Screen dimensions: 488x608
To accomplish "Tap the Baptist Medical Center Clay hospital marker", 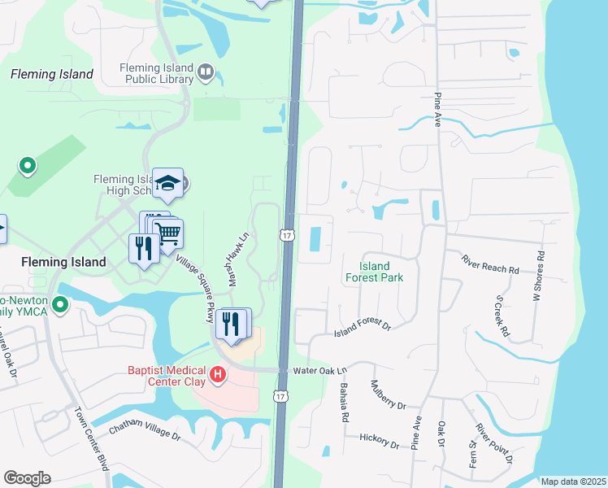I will [218, 375].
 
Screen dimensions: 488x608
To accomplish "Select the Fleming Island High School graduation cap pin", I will [168, 185].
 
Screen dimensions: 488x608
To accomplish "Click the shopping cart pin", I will [167, 234].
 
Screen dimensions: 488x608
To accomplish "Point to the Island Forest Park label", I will [374, 272].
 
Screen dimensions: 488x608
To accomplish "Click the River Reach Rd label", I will [490, 264].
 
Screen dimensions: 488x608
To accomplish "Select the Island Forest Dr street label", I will [363, 329].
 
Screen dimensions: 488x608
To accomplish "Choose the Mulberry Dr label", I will [388, 395].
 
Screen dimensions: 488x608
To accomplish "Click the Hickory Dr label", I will [379, 441].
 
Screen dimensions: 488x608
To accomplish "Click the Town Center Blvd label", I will [92, 448].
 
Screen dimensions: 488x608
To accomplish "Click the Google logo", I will [27, 477].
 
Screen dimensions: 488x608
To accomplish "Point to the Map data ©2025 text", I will [573, 481].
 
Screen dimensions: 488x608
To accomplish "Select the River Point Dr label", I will [495, 443].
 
